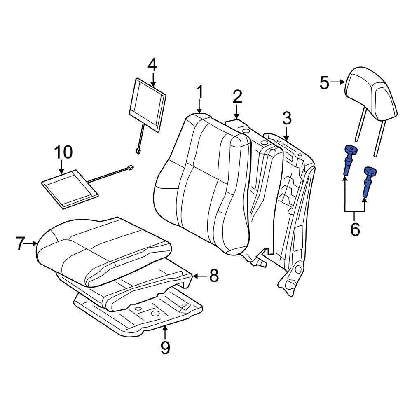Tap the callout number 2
click(237, 97)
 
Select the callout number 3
click(287, 119)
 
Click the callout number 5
click(325, 83)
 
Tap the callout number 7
click(21, 244)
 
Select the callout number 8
click(213, 276)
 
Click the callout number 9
click(165, 348)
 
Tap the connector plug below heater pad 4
click(138, 151)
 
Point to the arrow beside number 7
click(32, 244)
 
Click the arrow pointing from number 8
click(199, 276)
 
